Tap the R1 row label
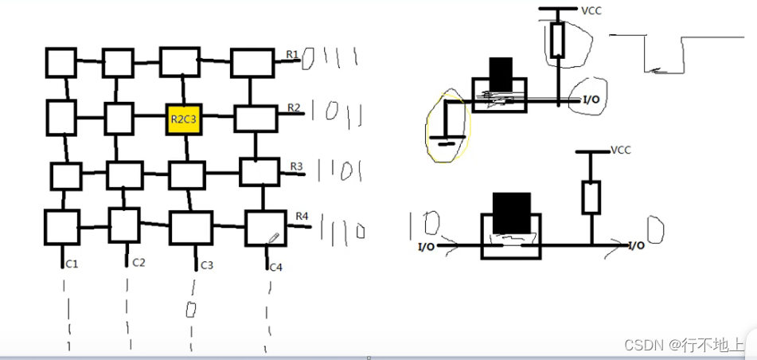[x=292, y=54]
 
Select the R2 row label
[x=294, y=107]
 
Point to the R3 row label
[x=296, y=166]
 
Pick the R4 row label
[x=302, y=216]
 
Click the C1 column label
[x=72, y=264]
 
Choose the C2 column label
[x=139, y=262]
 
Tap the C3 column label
[x=207, y=264]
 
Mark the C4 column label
[x=275, y=266]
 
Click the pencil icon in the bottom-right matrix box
[x=273, y=237]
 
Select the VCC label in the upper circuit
[x=591, y=10]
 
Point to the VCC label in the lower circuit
[x=620, y=150]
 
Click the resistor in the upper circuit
[x=558, y=39]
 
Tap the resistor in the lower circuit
[x=591, y=197]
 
